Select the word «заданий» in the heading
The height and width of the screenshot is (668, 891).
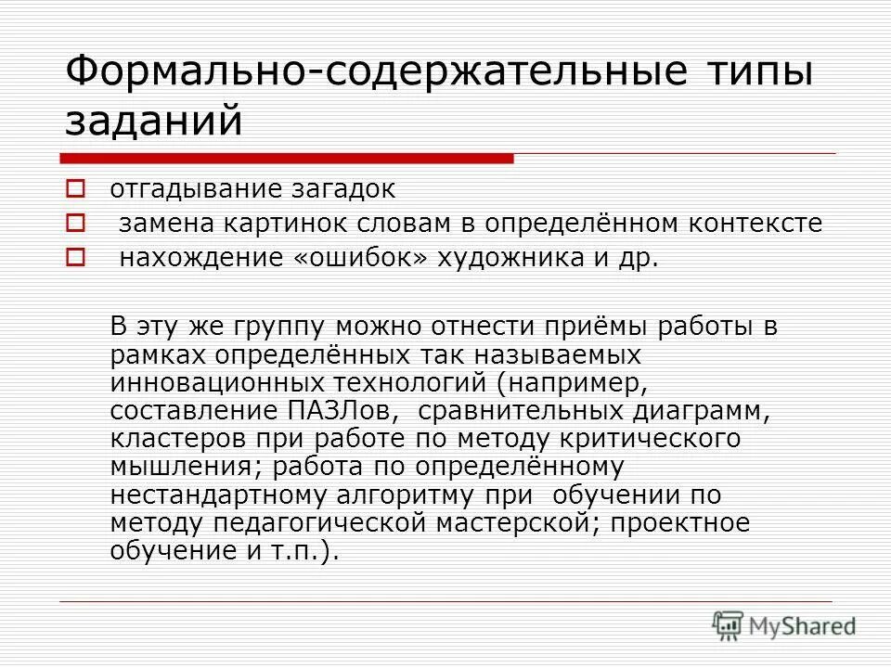coord(154,121)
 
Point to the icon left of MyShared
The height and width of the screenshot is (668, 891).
coord(729,624)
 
